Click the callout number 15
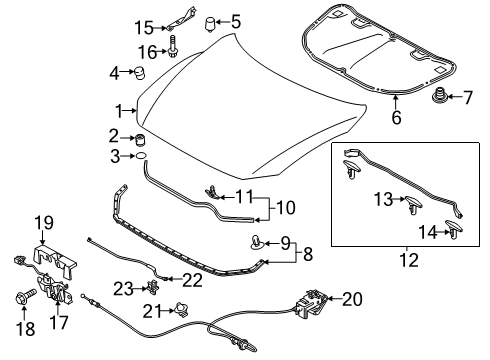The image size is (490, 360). click(144, 28)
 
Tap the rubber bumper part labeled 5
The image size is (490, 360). click(209, 24)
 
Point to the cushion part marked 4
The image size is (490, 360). click(139, 73)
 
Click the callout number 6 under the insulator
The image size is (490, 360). click(396, 117)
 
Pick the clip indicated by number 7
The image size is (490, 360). click(438, 96)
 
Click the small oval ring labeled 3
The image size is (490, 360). click(141, 156)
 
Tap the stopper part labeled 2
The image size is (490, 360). click(141, 139)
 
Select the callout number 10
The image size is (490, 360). click(286, 208)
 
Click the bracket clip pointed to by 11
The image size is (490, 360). click(212, 192)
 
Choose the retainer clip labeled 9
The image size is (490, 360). click(257, 242)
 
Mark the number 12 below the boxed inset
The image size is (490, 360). click(409, 260)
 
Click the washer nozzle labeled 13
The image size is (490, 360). click(413, 205)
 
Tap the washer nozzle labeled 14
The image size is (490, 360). click(454, 229)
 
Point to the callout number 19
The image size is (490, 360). click(45, 223)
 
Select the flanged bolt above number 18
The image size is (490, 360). click(25, 296)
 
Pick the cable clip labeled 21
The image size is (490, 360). click(182, 310)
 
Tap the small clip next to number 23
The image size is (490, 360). click(153, 287)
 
